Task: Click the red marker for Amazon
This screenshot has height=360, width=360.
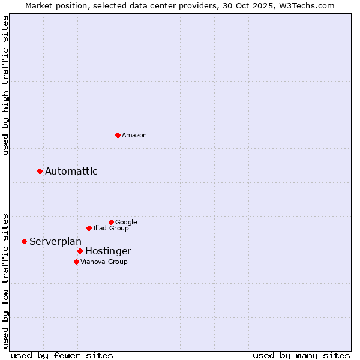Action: click(x=118, y=135)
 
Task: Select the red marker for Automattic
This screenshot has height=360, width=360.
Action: click(x=40, y=171)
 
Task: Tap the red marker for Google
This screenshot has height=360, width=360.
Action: click(x=111, y=222)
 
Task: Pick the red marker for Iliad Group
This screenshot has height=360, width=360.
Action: click(x=89, y=228)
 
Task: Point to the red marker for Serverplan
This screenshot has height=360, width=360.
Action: click(x=25, y=241)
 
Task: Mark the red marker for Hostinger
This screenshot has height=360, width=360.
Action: click(x=80, y=251)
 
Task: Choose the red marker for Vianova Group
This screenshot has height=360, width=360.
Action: click(x=76, y=262)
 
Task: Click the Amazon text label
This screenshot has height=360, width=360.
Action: click(x=134, y=136)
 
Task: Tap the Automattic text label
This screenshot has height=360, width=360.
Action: click(x=71, y=172)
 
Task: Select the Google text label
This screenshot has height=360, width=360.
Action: click(x=126, y=223)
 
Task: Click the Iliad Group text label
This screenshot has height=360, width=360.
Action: click(x=110, y=229)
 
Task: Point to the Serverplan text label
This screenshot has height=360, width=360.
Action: click(x=55, y=242)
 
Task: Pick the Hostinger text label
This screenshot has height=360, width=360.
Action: click(x=108, y=251)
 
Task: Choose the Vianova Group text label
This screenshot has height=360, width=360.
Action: click(x=104, y=262)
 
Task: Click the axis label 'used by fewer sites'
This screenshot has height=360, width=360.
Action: click(x=62, y=355)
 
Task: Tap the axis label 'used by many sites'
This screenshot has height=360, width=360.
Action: click(x=301, y=355)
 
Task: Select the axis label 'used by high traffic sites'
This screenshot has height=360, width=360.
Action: click(x=6, y=85)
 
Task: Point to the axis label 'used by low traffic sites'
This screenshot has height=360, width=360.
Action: click(x=6, y=280)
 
